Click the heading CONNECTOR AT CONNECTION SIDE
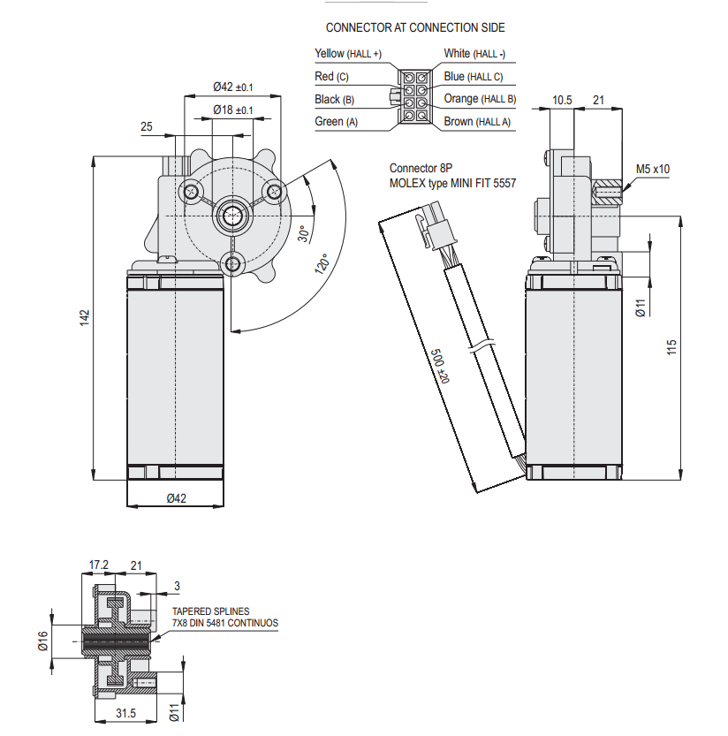[x=415, y=28]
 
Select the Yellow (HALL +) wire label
[x=348, y=54]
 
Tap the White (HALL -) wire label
[x=481, y=54]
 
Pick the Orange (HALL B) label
[x=480, y=99]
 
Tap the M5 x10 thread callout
[x=653, y=169]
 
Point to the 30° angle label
[x=302, y=234]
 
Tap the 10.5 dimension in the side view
[x=562, y=100]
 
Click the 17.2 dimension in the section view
[x=98, y=564]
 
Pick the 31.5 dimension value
[x=126, y=714]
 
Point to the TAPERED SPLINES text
[x=210, y=611]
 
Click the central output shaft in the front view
[x=233, y=214]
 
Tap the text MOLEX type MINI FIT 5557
[x=452, y=183]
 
